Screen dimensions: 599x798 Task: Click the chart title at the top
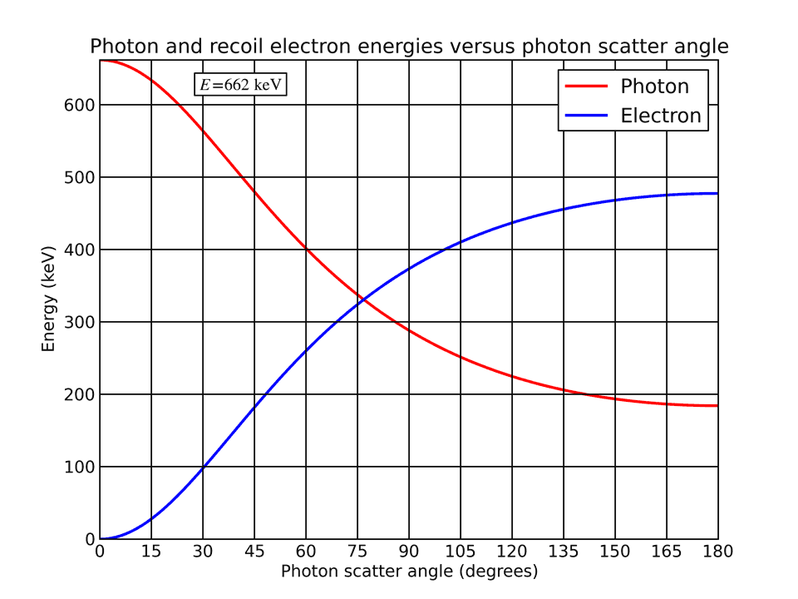[x=409, y=47]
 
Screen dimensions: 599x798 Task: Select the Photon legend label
[x=654, y=87]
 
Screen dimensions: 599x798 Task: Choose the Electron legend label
[x=661, y=116]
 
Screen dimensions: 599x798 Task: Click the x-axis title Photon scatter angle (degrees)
[x=409, y=572]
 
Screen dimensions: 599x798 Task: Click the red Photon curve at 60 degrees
[x=306, y=249]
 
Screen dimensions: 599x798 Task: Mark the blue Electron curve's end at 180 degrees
[x=717, y=193]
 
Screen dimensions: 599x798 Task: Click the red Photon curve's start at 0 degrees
[x=101, y=61]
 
